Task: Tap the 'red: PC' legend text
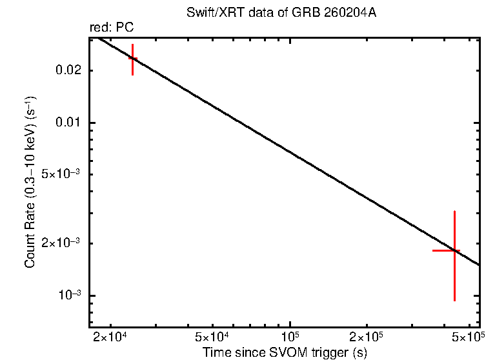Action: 111,28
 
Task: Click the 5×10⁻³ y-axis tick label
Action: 63,174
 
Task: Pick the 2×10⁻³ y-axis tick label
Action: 63,243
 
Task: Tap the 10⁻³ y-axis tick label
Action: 71,295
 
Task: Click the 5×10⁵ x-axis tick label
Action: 469,337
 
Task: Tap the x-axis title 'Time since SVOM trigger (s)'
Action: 285,352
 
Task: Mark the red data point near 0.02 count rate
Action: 132,58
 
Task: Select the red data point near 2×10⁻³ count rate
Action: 454,250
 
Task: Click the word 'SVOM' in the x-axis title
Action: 285,352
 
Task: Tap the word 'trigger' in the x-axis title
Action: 328,352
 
